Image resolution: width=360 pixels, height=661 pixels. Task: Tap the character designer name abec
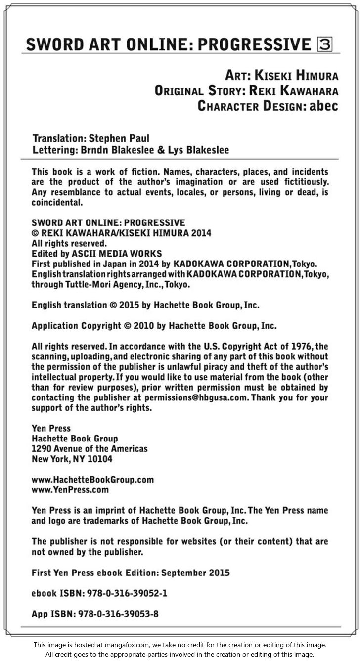[323, 106]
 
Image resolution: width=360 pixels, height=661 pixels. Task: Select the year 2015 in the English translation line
[128, 305]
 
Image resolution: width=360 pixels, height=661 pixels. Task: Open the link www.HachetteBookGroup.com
[92, 480]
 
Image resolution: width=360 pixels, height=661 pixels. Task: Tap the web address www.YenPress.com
[70, 490]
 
